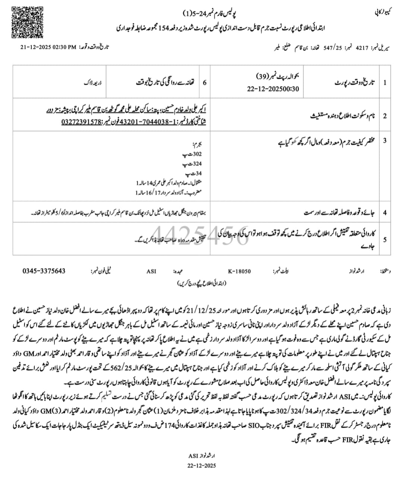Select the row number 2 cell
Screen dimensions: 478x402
pyautogui.click(x=384, y=116)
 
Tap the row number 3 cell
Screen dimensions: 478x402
pyautogui.click(x=384, y=140)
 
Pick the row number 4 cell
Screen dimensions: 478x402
pyautogui.click(x=384, y=212)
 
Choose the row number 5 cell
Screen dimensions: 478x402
pyautogui.click(x=384, y=239)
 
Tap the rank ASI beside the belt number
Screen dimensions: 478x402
pyautogui.click(x=151, y=271)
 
